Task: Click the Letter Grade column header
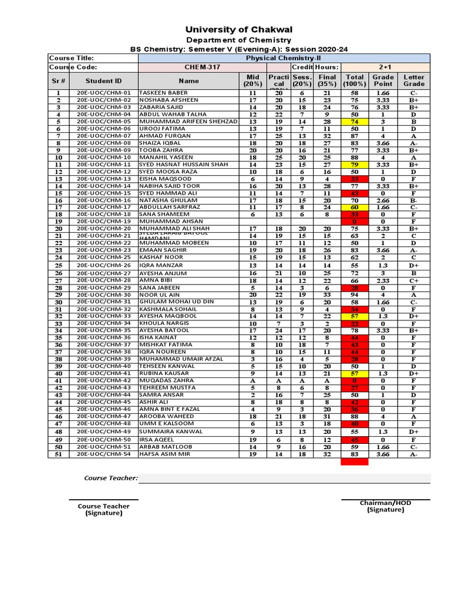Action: (414, 81)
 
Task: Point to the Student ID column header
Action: (103, 81)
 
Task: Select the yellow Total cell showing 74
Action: (355, 121)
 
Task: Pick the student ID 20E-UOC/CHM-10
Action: (103, 158)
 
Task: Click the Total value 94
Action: (355, 295)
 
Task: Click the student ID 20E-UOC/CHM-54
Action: (103, 454)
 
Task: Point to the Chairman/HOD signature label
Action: (386, 506)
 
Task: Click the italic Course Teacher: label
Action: (111, 478)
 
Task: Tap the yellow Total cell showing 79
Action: (355, 165)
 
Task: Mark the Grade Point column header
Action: (383, 81)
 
